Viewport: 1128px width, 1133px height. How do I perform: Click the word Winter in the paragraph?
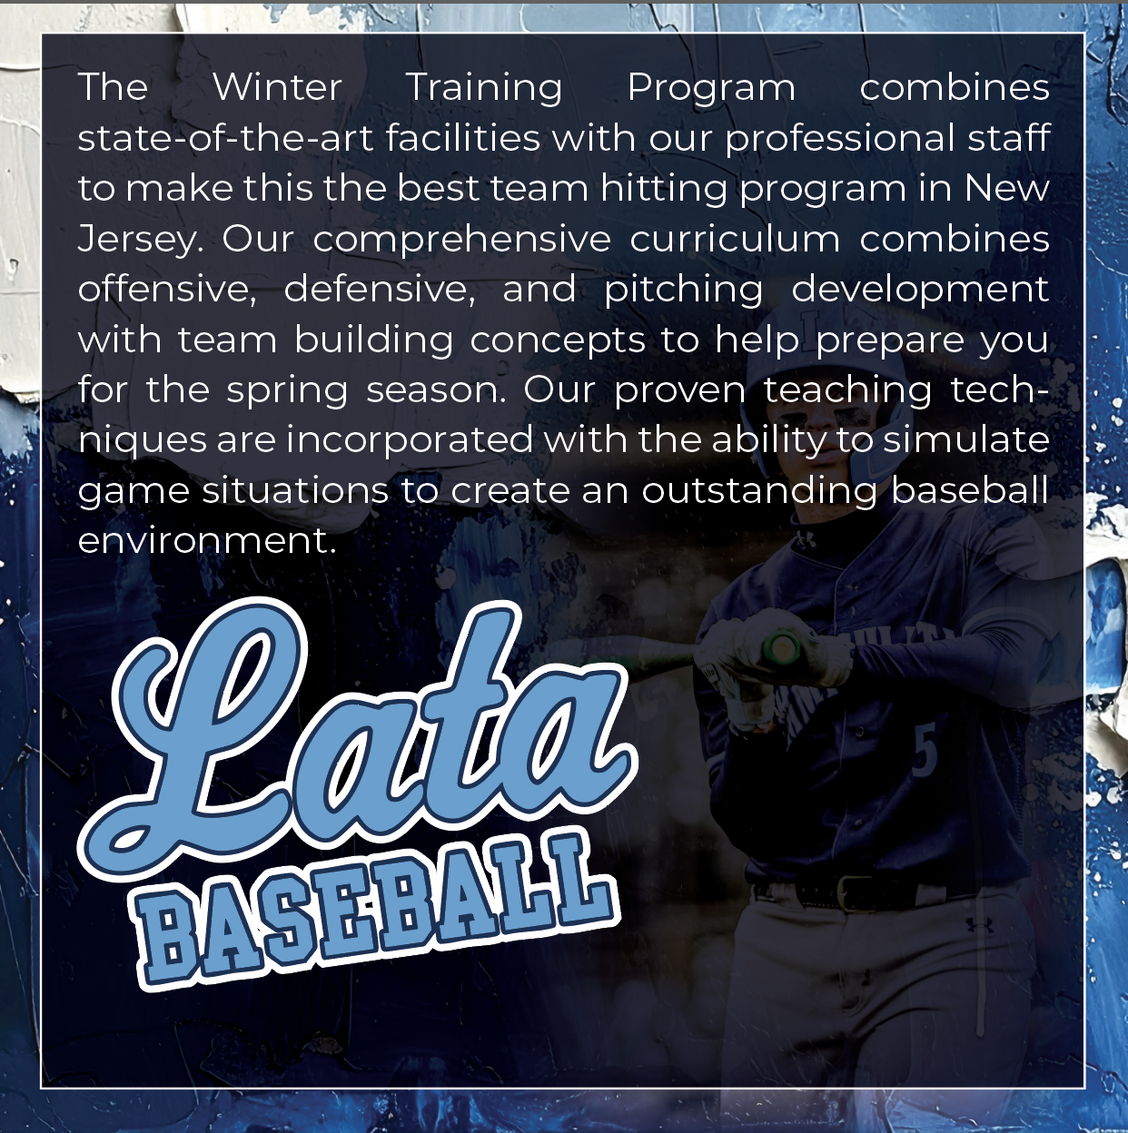tap(277, 87)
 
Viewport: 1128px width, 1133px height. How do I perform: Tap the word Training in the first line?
tap(484, 88)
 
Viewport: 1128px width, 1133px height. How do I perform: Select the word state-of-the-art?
tap(225, 138)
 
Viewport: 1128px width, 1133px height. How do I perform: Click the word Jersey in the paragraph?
tap(141, 240)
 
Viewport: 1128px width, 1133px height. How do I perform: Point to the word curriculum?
tap(735, 239)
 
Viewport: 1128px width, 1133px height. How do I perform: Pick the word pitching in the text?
tap(684, 290)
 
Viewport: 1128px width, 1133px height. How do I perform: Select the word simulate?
tap(966, 439)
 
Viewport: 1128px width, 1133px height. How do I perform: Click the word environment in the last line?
tap(206, 541)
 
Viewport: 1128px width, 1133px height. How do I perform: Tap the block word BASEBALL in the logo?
tap(377, 909)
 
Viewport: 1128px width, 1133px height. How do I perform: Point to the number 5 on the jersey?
tap(925, 753)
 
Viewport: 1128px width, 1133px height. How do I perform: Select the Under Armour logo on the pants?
tap(980, 925)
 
